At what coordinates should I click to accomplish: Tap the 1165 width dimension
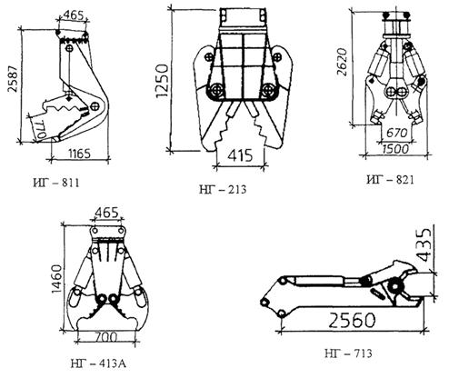point(79,154)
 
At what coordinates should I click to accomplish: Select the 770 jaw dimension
point(39,129)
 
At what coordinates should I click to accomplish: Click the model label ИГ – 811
point(56,184)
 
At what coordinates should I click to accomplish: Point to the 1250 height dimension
point(162,81)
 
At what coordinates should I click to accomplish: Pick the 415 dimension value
point(240,155)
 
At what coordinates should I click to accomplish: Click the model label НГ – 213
point(223,190)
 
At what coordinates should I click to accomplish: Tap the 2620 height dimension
point(342,62)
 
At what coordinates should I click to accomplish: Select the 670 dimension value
point(396,133)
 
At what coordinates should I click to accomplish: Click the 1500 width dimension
point(395,149)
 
